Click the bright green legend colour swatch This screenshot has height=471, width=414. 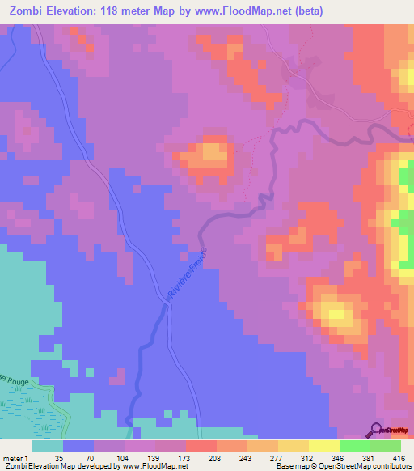[355, 446]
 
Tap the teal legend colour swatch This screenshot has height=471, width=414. [48, 446]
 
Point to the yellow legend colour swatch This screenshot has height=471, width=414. [294, 446]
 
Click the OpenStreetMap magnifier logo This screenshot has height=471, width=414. [377, 430]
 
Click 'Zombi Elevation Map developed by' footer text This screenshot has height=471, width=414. [48, 466]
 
